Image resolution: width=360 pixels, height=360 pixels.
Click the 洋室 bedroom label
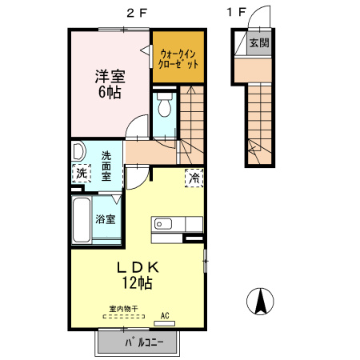tap(110, 77)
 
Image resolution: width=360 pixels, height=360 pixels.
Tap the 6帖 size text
tap(110, 92)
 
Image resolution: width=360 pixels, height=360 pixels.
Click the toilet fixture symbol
tap(163, 106)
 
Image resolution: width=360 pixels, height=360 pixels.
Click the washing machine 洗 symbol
tap(82, 173)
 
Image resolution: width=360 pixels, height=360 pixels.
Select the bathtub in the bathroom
tap(82, 221)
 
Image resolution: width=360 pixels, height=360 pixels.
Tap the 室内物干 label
tap(124, 309)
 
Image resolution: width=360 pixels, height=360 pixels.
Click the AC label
tap(166, 314)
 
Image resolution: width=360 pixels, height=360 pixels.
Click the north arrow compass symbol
tap(261, 301)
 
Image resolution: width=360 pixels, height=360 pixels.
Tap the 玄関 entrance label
tap(258, 43)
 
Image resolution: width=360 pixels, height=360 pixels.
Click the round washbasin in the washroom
tap(79, 152)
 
